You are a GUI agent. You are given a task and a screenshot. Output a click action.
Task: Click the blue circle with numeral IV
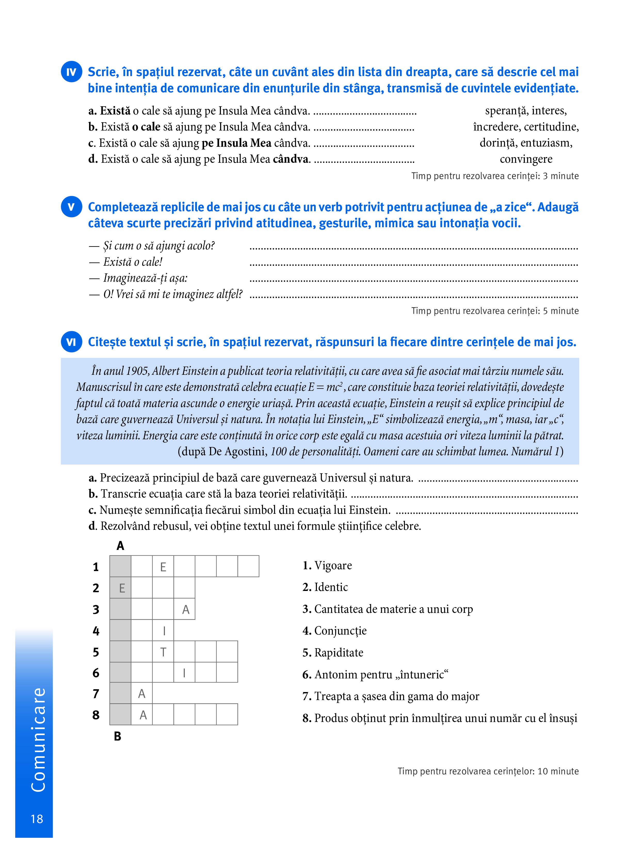pyautogui.click(x=71, y=72)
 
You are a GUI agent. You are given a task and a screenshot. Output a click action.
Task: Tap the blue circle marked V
pyautogui.click(x=71, y=207)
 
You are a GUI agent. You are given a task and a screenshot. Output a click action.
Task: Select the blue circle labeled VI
pyautogui.click(x=71, y=342)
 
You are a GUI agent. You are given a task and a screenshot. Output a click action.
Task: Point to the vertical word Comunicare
pyautogui.click(x=38, y=740)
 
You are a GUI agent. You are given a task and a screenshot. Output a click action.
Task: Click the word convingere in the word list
pyautogui.click(x=526, y=159)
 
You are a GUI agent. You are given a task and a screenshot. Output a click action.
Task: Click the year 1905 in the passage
pyautogui.click(x=137, y=371)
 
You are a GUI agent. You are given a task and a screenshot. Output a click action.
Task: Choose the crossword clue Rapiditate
pyautogui.click(x=339, y=653)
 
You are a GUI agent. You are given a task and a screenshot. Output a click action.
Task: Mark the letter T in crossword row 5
pyautogui.click(x=163, y=652)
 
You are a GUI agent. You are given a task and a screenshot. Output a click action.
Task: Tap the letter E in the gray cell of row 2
pyautogui.click(x=122, y=588)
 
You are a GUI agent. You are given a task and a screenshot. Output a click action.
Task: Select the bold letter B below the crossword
pyautogui.click(x=118, y=736)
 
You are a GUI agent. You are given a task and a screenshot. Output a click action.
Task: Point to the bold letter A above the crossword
pyautogui.click(x=120, y=546)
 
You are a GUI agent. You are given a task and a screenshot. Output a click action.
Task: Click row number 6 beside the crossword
pyautogui.click(x=96, y=673)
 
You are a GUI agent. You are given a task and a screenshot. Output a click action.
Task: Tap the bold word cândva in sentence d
pyautogui.click(x=291, y=159)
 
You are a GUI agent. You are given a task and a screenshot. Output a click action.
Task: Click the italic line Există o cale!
pyautogui.click(x=133, y=262)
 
